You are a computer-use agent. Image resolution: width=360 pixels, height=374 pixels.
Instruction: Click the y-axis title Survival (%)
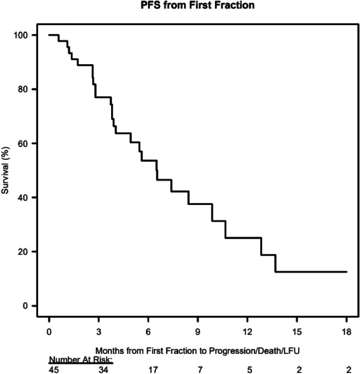point(6,170)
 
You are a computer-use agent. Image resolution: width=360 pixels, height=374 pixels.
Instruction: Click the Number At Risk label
point(80,360)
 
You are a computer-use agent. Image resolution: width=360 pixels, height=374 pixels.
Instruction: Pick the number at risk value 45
point(54,369)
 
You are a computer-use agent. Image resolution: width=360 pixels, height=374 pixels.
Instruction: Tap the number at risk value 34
point(103,369)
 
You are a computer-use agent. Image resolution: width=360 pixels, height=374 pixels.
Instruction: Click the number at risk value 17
point(153,369)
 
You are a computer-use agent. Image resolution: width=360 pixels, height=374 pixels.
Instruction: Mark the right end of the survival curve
point(347,272)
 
